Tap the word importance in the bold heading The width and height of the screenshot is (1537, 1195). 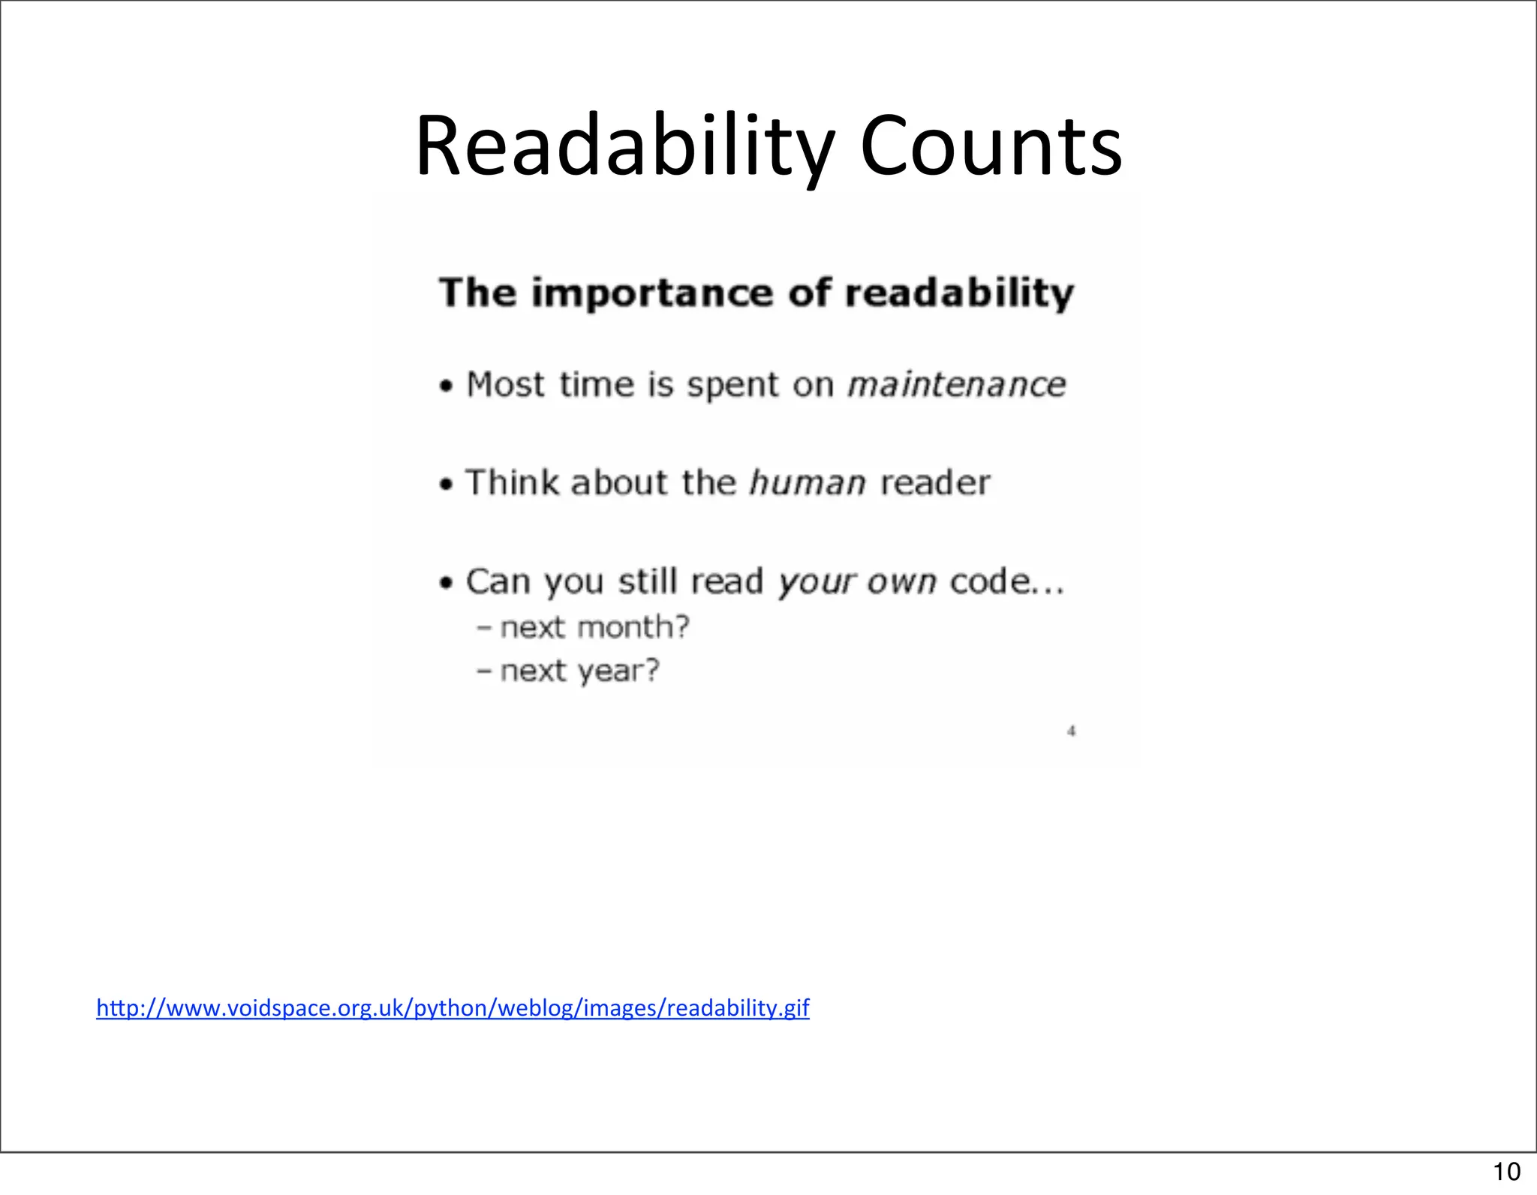pyautogui.click(x=651, y=293)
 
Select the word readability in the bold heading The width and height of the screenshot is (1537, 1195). pyautogui.click(x=959, y=293)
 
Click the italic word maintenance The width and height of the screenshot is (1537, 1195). pyautogui.click(x=956, y=385)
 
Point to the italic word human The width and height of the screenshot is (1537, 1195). pyautogui.click(x=808, y=482)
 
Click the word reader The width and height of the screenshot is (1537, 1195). pyautogui.click(x=935, y=482)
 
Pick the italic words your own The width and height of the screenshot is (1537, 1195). pyautogui.click(x=857, y=582)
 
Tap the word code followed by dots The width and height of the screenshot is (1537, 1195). pyautogui.click(x=1006, y=581)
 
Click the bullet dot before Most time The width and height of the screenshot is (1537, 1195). pyautogui.click(x=447, y=387)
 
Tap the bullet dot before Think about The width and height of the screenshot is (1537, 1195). pyautogui.click(x=447, y=485)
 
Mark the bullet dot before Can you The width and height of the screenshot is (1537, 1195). pyautogui.click(x=447, y=583)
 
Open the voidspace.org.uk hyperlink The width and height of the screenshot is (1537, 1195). pyautogui.click(x=453, y=1007)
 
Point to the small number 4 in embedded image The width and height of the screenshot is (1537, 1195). pyautogui.click(x=1072, y=731)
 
